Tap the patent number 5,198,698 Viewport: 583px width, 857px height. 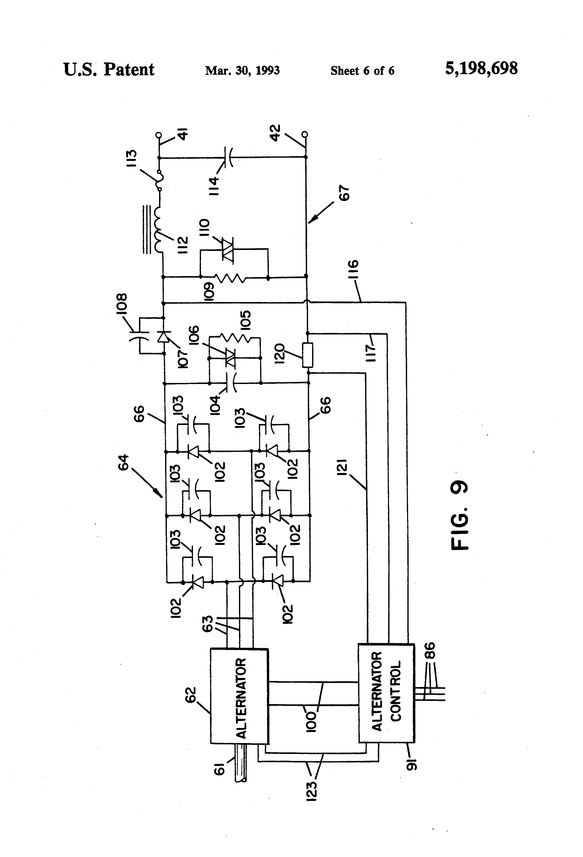point(481,69)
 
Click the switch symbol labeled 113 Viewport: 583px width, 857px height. point(160,181)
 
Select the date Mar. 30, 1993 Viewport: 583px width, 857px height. point(242,70)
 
